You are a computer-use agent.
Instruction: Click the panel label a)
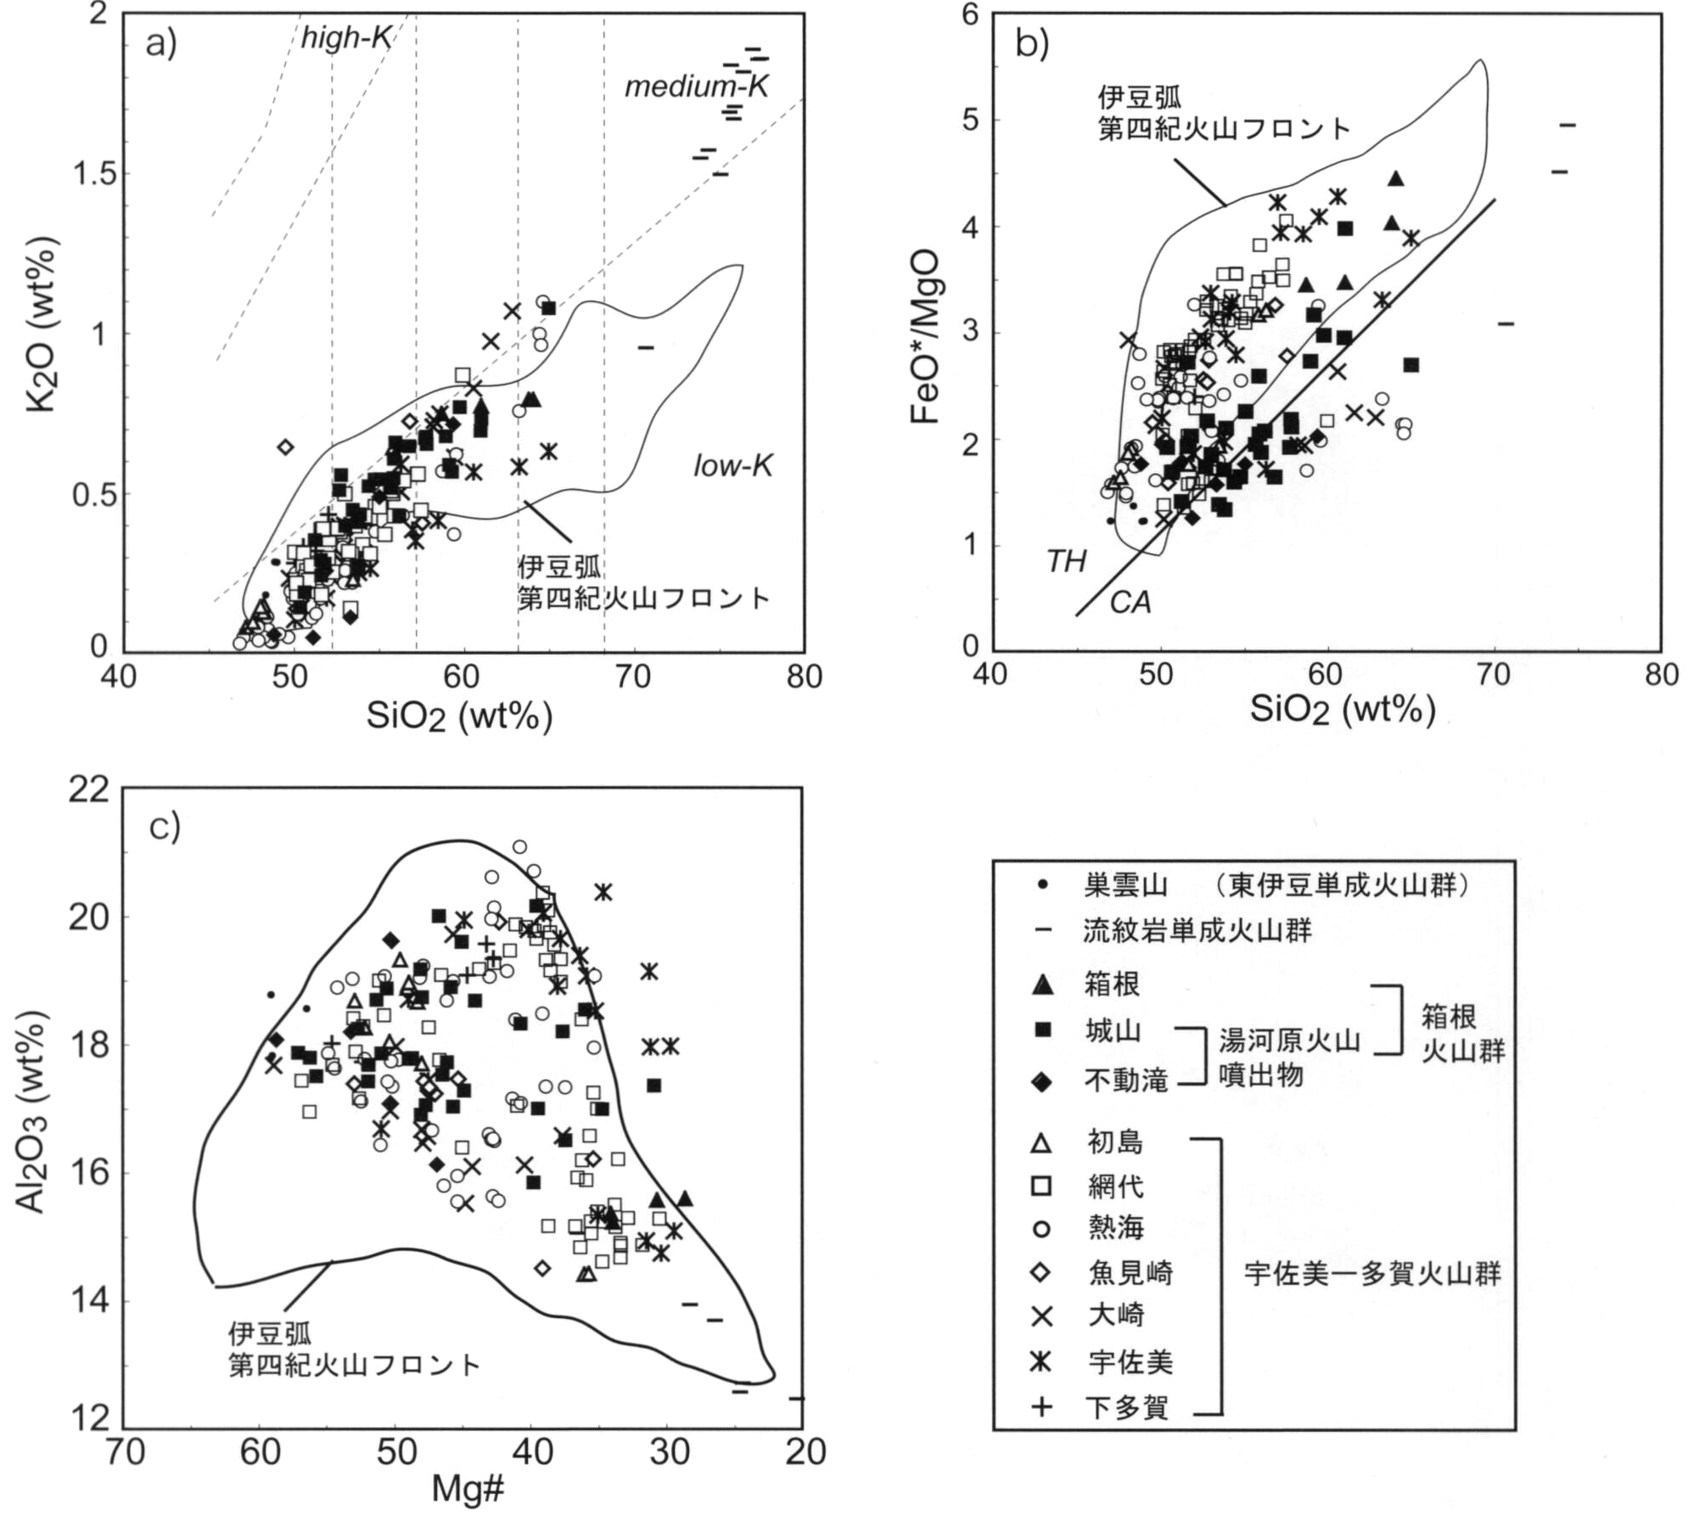point(160,42)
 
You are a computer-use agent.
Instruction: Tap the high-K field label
point(345,37)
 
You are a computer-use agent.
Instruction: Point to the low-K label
point(732,465)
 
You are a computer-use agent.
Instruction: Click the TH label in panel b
point(1066,561)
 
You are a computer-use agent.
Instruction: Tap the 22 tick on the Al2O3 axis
point(89,789)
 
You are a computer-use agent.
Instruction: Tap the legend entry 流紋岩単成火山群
point(1197,931)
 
